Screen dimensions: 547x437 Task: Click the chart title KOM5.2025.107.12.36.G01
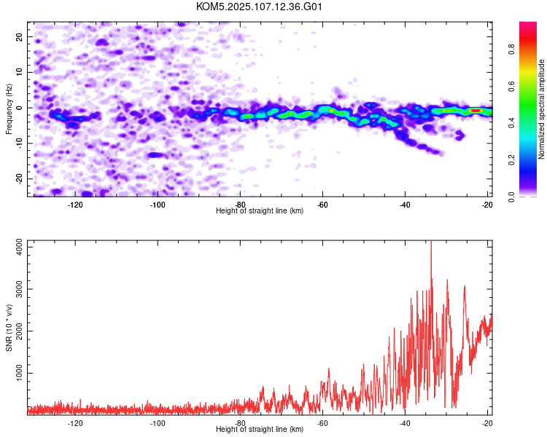(259, 7)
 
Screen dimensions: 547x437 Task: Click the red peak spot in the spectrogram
(476, 111)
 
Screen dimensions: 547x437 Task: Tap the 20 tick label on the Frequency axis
(19, 37)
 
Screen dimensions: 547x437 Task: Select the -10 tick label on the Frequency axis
(19, 143)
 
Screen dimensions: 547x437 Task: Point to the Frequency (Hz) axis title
(9, 109)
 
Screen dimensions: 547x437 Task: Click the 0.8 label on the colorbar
(511, 50)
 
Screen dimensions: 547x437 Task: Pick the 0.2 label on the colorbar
(511, 160)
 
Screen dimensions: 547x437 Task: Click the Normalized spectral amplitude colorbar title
(541, 109)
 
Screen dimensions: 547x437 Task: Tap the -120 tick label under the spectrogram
(75, 205)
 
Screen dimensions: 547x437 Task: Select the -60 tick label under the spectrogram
(322, 205)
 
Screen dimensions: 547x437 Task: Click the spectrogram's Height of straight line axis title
(260, 210)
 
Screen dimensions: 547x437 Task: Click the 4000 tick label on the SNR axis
(19, 247)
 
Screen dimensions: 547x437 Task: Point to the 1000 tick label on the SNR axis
(19, 373)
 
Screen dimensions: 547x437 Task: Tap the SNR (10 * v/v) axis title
(9, 328)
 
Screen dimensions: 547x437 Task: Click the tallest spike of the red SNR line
(431, 241)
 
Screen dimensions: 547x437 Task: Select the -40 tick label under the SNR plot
(405, 423)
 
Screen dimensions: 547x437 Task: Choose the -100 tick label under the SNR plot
(158, 423)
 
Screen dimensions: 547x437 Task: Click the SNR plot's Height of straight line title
(260, 429)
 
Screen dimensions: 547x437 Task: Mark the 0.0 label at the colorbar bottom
(511, 197)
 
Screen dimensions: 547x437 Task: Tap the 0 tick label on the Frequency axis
(19, 108)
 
